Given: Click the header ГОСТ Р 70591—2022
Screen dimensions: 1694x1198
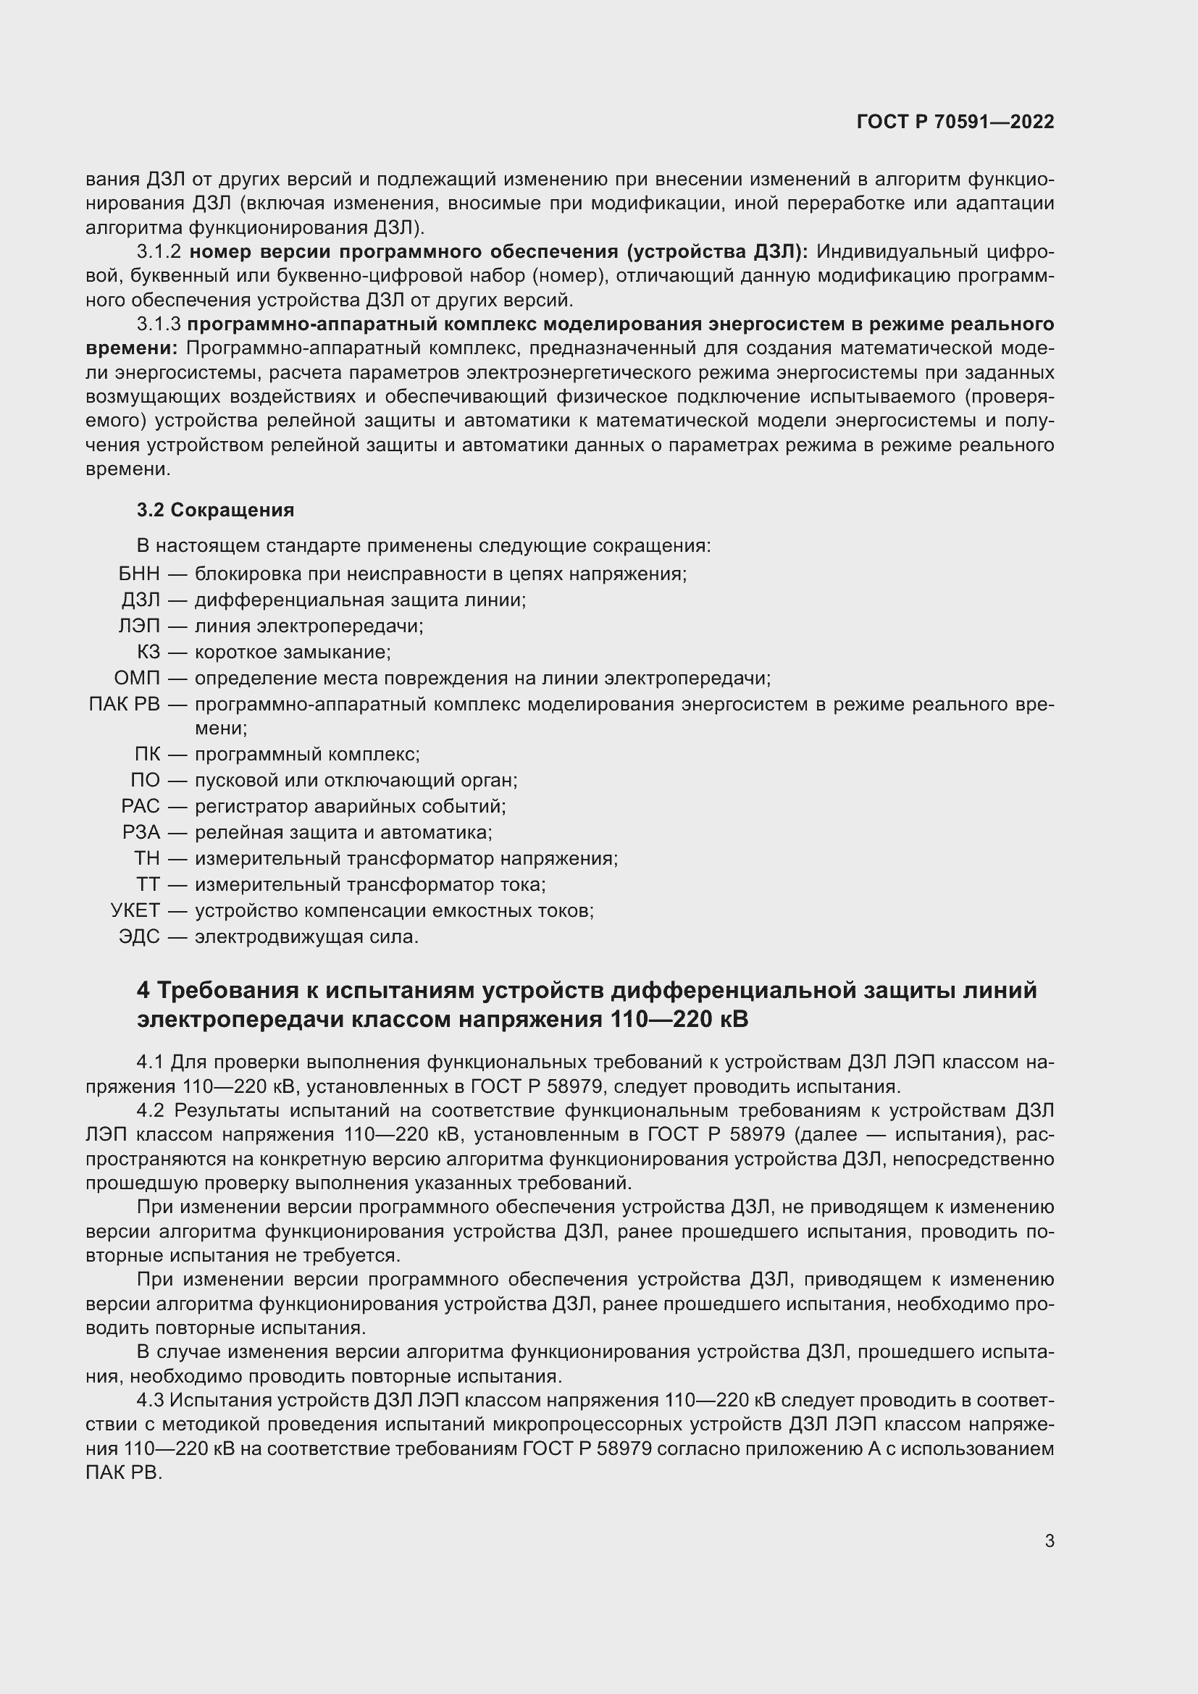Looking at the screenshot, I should coord(955,122).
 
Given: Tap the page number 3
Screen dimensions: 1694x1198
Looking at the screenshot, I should coord(1049,1540).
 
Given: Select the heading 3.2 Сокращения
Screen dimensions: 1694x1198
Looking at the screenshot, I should coord(215,510).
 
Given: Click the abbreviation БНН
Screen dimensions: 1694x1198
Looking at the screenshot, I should coord(138,574).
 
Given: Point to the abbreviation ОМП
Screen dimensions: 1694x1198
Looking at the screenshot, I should coord(136,678).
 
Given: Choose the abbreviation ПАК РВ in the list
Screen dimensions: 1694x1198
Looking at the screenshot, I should coord(124,705).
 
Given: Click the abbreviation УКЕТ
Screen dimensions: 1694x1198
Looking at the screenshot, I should coord(135,910).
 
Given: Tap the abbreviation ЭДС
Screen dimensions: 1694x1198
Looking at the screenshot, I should coord(138,937).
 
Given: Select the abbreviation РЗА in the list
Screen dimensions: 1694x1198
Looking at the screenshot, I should coord(141,832).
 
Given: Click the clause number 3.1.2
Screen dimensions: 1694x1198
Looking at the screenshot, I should coord(159,252).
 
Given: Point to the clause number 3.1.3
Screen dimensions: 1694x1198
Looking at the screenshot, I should coord(159,324).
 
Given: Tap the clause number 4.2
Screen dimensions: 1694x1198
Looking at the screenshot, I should coord(151,1110).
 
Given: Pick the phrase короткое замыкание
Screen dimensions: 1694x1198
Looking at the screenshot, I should coord(292,653).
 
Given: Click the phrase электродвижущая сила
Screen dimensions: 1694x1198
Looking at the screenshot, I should coord(306,937).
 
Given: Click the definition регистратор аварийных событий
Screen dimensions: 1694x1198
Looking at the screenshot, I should coord(351,806).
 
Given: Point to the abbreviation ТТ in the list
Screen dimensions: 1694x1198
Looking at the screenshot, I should coord(148,884).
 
